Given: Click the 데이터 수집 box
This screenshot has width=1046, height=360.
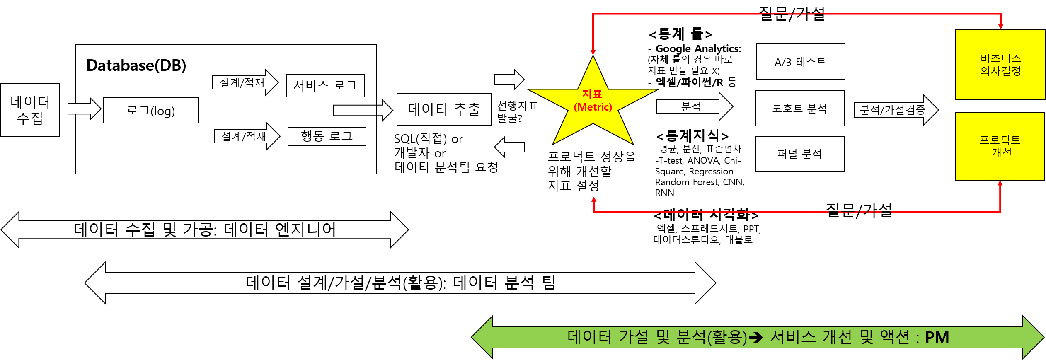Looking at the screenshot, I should (x=30, y=110).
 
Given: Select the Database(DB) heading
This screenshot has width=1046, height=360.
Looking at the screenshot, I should (x=136, y=65).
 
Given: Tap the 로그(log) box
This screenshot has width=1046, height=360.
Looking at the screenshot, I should (x=151, y=111).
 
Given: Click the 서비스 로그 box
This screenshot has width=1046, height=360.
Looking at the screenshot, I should (x=325, y=86).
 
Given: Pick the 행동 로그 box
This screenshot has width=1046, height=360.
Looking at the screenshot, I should (x=327, y=136).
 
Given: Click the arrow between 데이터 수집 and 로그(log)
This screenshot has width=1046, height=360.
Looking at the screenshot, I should (x=85, y=109).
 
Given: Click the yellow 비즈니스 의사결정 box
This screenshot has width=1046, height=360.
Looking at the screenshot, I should (x=1000, y=65).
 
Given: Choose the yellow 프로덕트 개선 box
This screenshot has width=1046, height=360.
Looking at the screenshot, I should (x=1000, y=146).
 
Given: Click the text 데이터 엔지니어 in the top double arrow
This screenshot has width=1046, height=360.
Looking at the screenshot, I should (x=280, y=230).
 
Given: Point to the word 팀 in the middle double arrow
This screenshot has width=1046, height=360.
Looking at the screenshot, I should (x=549, y=283).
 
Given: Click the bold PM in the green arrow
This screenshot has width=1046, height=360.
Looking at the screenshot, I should (x=937, y=338).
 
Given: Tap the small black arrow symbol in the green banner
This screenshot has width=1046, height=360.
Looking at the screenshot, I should (x=755, y=338).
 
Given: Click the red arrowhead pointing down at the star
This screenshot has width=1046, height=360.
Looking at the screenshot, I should (x=593, y=52).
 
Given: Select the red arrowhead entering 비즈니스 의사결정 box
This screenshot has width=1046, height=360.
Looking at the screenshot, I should (x=1001, y=26).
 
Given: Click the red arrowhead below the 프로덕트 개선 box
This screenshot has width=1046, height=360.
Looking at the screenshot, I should (x=1000, y=184).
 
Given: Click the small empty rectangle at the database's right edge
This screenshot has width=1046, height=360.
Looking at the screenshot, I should (x=354, y=111).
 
